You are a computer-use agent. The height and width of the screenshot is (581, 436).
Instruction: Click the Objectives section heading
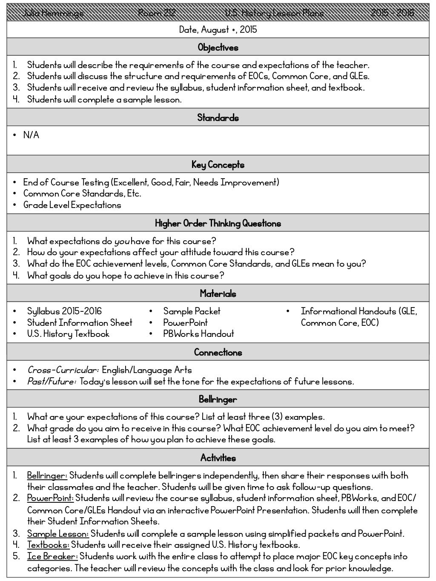[x=218, y=48]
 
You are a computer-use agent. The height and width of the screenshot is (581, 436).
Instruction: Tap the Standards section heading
[x=218, y=118]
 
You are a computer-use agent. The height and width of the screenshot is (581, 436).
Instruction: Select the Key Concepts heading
[x=218, y=165]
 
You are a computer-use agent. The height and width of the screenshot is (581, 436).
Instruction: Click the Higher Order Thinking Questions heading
[x=218, y=223]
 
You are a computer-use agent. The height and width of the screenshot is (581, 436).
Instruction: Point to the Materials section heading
[x=218, y=293]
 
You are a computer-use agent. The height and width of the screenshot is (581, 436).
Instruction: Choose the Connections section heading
[x=218, y=352]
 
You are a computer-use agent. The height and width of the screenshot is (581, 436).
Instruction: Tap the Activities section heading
[x=218, y=458]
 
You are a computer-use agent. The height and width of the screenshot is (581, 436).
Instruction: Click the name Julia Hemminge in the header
[x=53, y=13]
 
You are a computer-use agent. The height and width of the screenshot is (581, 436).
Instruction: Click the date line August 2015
[x=218, y=30]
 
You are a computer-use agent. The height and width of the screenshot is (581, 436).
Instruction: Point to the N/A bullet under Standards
[x=31, y=135]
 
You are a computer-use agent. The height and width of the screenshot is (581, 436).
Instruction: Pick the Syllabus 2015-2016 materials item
[x=64, y=311]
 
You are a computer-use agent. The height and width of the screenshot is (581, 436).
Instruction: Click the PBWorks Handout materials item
[x=198, y=334]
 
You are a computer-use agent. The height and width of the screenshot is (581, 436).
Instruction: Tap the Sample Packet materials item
[x=192, y=311]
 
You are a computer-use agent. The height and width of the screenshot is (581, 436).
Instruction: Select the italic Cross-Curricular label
[x=63, y=370]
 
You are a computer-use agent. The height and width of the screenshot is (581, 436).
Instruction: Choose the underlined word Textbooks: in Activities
[x=48, y=545]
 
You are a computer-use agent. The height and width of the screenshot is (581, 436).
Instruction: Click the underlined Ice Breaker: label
[x=52, y=556]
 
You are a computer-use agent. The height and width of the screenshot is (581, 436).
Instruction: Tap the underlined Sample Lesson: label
[x=58, y=534]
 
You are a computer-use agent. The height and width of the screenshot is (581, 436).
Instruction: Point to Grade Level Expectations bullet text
[x=72, y=205]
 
